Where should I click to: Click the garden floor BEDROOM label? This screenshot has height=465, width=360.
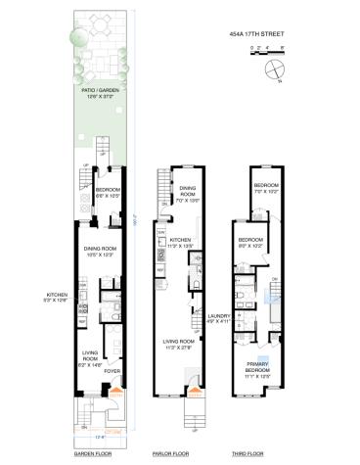coord(108,190)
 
